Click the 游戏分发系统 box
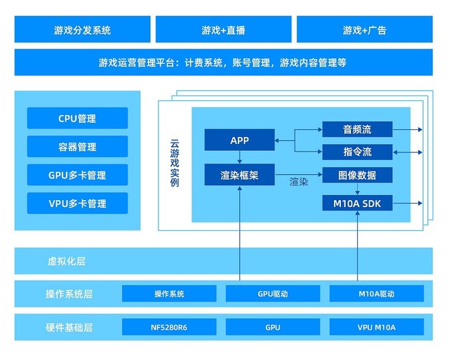[x=82, y=30]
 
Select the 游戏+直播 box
[x=223, y=30]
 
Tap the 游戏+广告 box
[x=364, y=30]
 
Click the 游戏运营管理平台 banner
[x=223, y=62]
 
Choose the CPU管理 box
[x=77, y=119]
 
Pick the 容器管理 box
[x=77, y=147]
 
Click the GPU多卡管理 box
[x=77, y=175]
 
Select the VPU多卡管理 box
[x=77, y=204]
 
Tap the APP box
[x=239, y=140]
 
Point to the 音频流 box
[x=357, y=130]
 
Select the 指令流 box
[x=357, y=152]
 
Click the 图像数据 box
[x=357, y=175]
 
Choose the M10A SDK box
[x=357, y=204]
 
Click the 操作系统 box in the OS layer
[x=169, y=294]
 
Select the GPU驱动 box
[x=273, y=294]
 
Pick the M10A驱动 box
[x=376, y=294]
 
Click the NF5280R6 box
[x=169, y=327]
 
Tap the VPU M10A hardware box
[x=376, y=327]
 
